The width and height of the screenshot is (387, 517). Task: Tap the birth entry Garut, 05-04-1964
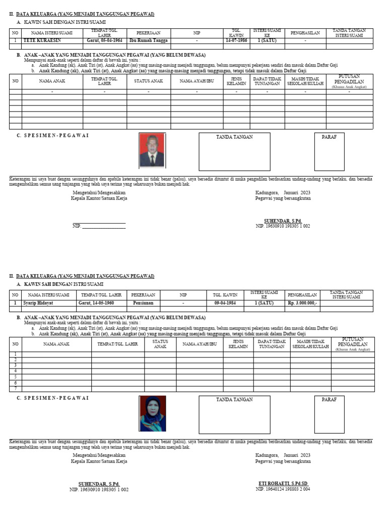pos(104,40)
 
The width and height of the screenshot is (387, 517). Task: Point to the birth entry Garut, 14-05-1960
pos(96,303)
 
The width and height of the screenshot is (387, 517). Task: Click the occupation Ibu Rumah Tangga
pos(149,40)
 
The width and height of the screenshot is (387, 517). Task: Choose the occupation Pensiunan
pos(143,303)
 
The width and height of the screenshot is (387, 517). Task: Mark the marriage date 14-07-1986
pos(236,40)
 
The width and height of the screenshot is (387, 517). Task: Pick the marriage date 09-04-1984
pos(225,303)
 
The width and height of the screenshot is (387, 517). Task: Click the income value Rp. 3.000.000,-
pos(302,303)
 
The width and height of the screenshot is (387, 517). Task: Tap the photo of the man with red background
pos(152,151)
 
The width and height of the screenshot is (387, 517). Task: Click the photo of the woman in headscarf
pos(152,413)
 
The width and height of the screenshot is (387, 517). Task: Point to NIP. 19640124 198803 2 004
pos(283,489)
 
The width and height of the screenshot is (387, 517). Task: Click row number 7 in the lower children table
pos(15,389)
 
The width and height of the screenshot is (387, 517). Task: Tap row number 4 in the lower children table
pos(15,371)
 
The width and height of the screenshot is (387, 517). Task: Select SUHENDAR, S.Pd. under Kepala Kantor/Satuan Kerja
pos(99,484)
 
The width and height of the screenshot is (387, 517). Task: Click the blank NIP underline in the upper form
pos(104,226)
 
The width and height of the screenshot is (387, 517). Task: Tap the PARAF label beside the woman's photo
pos(329,399)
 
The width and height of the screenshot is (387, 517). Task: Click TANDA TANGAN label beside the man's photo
pos(234,137)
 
